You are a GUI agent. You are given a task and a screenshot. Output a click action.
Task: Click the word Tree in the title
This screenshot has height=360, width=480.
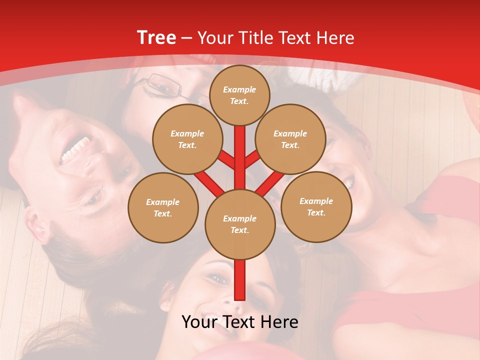156,37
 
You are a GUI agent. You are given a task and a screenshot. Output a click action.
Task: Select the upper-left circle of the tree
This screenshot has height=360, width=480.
187,139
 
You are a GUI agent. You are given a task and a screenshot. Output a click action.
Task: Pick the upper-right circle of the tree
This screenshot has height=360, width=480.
290,139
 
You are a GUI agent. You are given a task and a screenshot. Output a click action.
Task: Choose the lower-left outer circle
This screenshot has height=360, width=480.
163,207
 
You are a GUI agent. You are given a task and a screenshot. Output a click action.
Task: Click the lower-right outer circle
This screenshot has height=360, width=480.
316,206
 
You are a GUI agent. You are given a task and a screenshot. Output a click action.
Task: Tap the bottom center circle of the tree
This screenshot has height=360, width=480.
240,224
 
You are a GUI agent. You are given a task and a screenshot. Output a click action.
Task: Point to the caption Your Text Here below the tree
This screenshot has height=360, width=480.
240,322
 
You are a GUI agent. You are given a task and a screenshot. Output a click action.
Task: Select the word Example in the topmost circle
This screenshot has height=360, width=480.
239,89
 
